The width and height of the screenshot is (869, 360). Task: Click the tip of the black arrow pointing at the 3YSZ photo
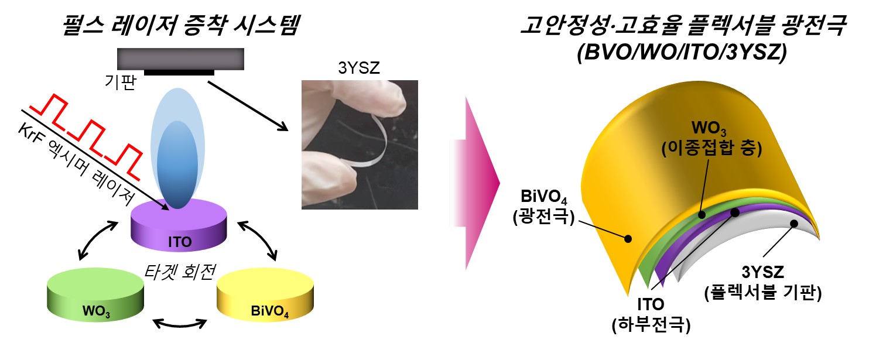tap(288, 131)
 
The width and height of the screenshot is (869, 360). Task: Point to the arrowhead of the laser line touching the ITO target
tap(169, 210)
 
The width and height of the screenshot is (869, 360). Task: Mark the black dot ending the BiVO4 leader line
tap(628, 239)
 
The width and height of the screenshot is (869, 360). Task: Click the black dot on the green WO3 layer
tap(701, 214)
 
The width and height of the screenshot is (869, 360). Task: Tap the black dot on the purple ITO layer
tap(735, 212)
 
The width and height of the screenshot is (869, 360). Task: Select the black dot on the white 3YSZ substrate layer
tap(793, 224)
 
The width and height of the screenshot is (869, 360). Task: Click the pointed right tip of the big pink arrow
tap(500, 183)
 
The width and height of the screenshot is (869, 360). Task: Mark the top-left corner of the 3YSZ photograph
tap(302, 80)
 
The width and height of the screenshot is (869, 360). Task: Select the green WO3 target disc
tap(95, 295)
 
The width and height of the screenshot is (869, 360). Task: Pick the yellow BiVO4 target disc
tap(265, 295)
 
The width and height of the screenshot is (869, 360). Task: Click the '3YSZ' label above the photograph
tap(359, 68)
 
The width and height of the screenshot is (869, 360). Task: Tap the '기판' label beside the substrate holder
tap(121, 82)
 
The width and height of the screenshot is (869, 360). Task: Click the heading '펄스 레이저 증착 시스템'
tap(181, 25)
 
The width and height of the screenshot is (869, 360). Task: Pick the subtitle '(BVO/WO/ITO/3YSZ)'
tap(682, 52)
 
